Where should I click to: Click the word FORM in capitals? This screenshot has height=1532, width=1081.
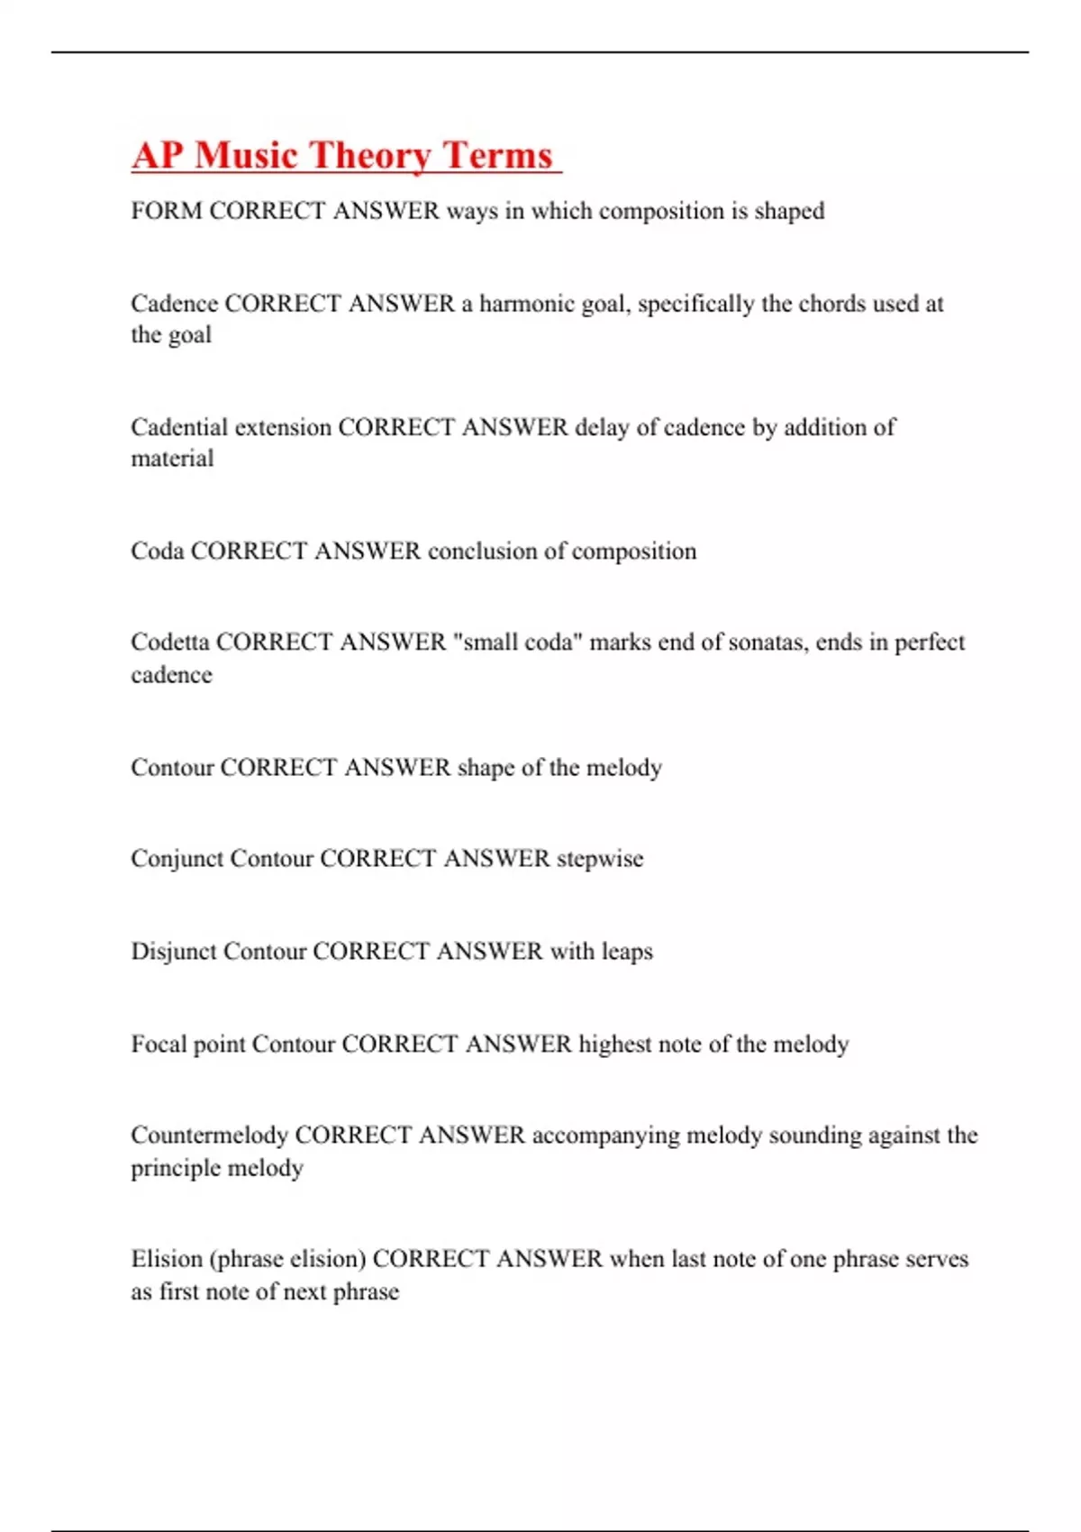click(x=167, y=211)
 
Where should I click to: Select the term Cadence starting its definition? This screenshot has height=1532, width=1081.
click(x=174, y=304)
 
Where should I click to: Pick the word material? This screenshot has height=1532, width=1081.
click(x=172, y=459)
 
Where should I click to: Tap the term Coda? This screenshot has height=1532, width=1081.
click(x=158, y=551)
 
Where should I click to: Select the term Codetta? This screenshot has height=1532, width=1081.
click(x=170, y=642)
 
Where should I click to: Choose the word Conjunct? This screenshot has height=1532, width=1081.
click(x=177, y=858)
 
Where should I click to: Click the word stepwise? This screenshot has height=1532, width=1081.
click(x=600, y=858)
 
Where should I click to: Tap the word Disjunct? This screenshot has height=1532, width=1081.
click(x=174, y=952)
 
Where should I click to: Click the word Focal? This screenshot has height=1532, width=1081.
click(x=159, y=1044)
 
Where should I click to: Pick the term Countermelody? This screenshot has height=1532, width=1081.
click(x=209, y=1135)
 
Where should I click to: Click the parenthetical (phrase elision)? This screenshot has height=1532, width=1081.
click(x=287, y=1259)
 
